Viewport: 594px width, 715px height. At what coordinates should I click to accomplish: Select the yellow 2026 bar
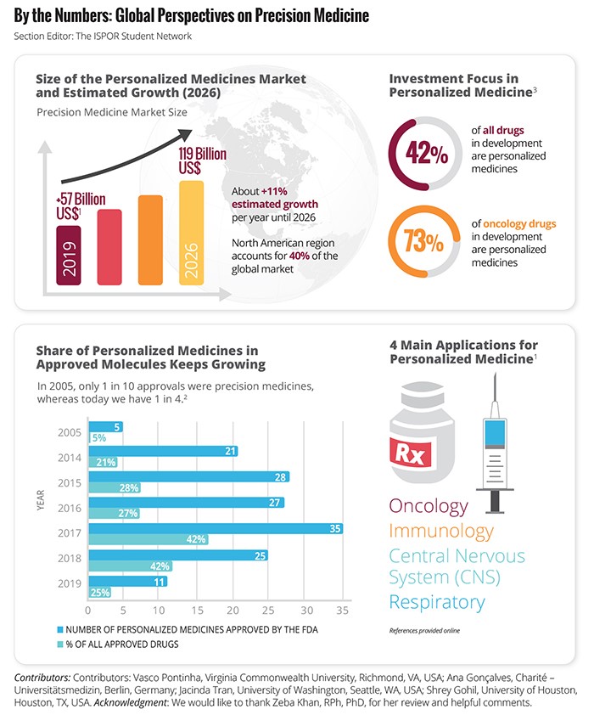(192, 233)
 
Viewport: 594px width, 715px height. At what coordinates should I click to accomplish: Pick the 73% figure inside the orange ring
(425, 240)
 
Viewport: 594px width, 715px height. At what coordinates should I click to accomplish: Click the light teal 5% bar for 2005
(98, 438)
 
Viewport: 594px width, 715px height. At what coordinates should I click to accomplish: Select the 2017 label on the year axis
(70, 533)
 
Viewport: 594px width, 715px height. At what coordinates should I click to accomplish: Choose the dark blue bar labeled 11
(127, 582)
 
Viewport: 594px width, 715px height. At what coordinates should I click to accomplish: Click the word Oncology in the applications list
(429, 506)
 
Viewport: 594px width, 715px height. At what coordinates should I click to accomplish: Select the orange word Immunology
(441, 532)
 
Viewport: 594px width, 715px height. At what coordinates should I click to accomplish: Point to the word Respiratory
(436, 603)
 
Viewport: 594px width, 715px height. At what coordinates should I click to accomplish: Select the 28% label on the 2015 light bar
(129, 488)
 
